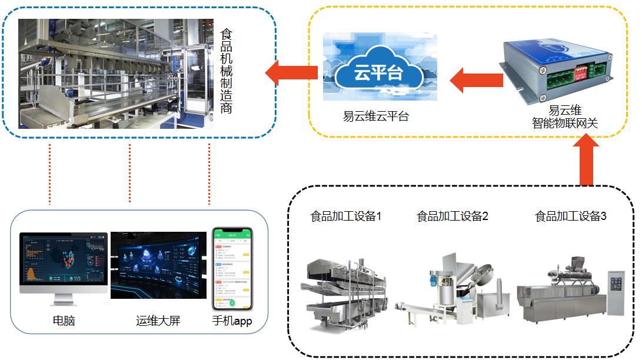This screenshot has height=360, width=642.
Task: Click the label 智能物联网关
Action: tap(565, 123)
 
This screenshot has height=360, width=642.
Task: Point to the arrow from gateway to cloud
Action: tap(475, 80)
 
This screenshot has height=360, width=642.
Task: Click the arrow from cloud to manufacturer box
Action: tap(291, 73)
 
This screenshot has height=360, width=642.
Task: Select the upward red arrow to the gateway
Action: tap(586, 159)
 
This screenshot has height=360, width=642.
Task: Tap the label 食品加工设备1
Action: tap(346, 216)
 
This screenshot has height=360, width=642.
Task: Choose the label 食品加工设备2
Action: tap(453, 216)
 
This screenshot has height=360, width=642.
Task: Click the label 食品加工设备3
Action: tap(570, 216)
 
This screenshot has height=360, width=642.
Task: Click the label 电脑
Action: tap(64, 321)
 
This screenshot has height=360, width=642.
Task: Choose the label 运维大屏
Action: tap(158, 321)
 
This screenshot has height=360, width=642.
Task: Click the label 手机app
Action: tap(232, 321)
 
